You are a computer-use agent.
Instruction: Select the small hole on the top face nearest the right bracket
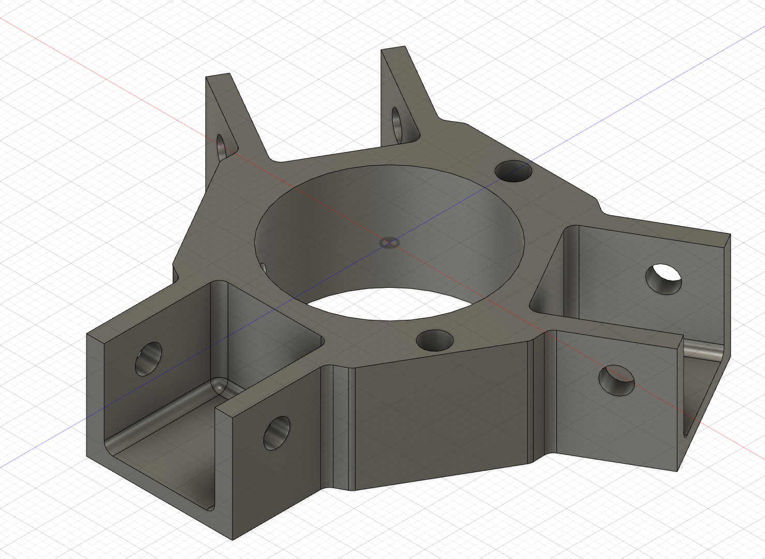pyautogui.click(x=513, y=171)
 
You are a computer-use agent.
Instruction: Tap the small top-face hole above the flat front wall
pyautogui.click(x=435, y=340)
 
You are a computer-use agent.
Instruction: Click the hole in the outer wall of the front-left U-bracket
pyautogui.click(x=149, y=358)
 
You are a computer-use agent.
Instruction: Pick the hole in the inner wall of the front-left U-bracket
pyautogui.click(x=277, y=432)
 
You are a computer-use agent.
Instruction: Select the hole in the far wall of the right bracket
pyautogui.click(x=664, y=278)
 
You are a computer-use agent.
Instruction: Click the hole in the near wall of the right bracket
pyautogui.click(x=616, y=380)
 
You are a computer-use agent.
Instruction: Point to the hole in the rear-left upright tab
pyautogui.click(x=222, y=147)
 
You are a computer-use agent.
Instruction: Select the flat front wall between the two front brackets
pyautogui.click(x=440, y=414)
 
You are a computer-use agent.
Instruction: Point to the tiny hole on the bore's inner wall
pyautogui.click(x=263, y=268)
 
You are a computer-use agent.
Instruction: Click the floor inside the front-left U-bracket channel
pyautogui.click(x=160, y=461)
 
